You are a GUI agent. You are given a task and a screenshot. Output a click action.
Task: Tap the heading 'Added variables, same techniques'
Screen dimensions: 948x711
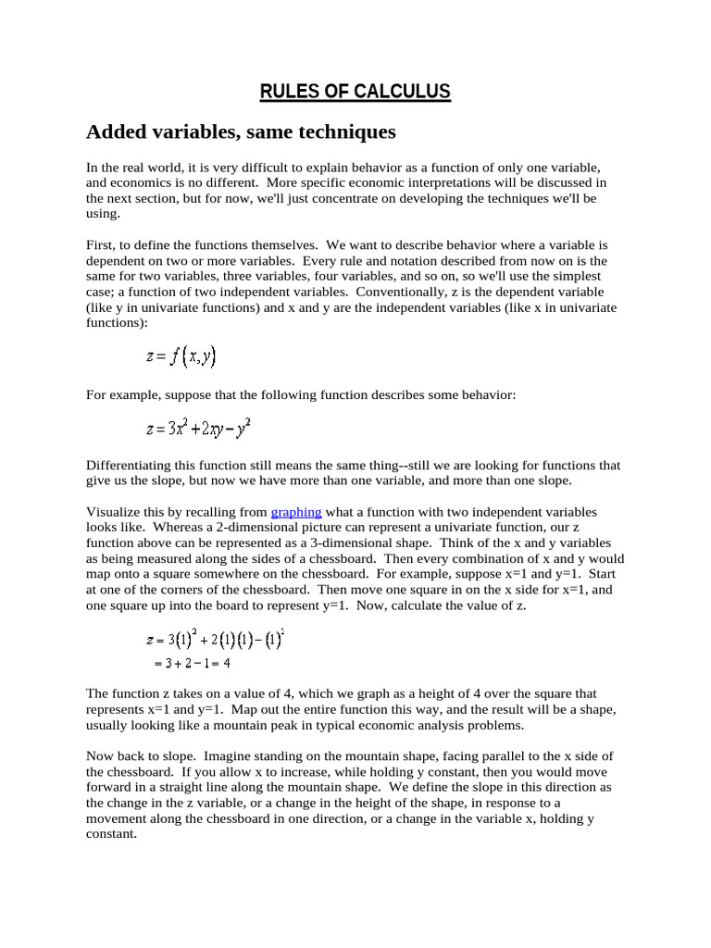[241, 132]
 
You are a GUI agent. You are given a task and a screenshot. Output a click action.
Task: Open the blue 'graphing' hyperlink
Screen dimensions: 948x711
[296, 512]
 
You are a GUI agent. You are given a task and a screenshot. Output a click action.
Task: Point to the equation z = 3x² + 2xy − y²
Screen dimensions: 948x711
[198, 429]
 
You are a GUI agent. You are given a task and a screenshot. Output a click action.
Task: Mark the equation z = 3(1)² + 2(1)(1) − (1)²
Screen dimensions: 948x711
[215, 640]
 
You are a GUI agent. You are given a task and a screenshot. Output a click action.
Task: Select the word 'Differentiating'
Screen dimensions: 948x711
[130, 465]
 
